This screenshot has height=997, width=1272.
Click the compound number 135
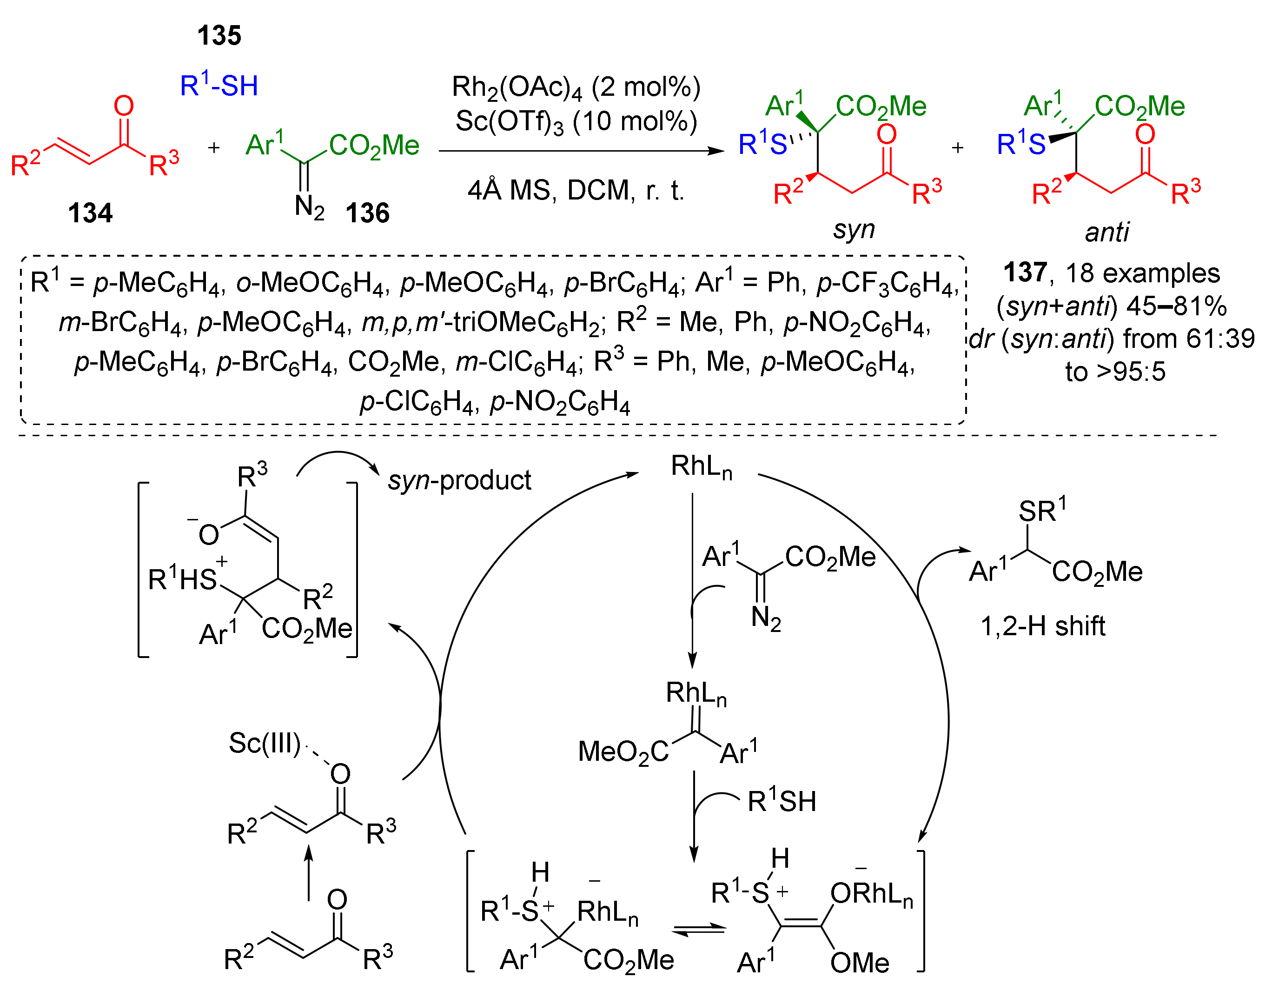coord(219,36)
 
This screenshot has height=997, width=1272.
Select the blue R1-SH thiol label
coord(219,86)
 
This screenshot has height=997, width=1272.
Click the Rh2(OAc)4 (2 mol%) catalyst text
coord(576,87)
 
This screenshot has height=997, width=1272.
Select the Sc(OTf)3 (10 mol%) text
coord(576,122)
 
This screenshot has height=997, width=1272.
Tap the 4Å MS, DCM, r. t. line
coord(576,190)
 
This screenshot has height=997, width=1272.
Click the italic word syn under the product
coord(854,229)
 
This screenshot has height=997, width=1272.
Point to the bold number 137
coord(1025,273)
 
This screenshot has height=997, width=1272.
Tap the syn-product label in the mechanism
coord(459,480)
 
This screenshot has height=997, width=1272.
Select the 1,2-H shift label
coord(1043,626)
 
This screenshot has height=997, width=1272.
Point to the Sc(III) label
coord(264,744)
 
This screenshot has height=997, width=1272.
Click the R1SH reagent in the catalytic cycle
coord(782,801)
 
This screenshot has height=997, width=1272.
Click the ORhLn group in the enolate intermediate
coord(871,894)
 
